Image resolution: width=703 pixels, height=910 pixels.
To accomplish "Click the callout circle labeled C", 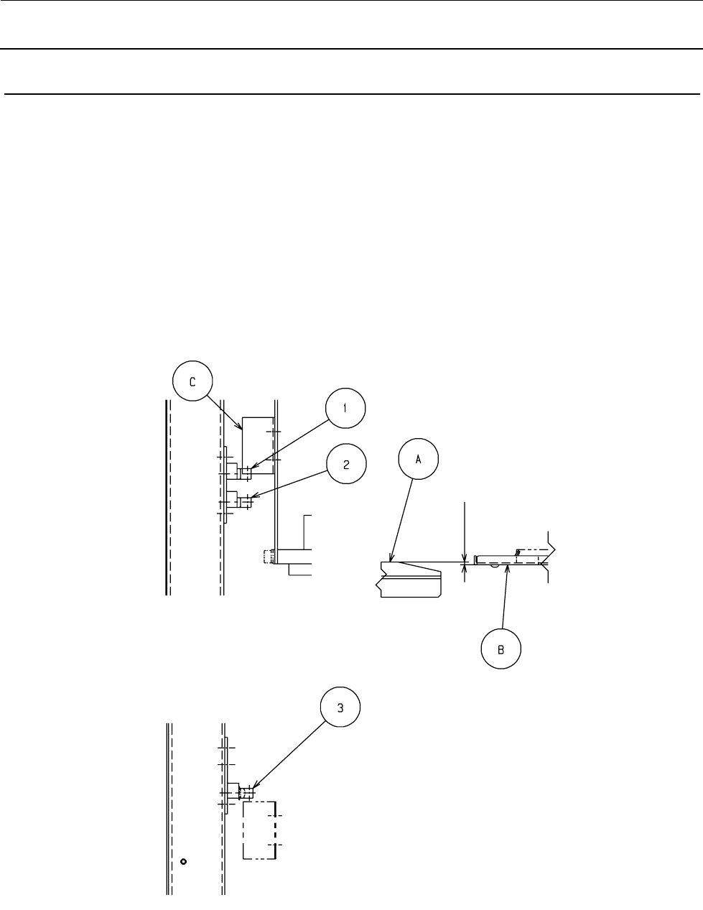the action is (192, 383).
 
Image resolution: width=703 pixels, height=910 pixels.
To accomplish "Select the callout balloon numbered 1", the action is (345, 409).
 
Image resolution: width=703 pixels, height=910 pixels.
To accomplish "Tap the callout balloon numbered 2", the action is (346, 464).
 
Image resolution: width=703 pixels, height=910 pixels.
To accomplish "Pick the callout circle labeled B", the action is (501, 649).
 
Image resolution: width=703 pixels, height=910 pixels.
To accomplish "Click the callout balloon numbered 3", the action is (340, 707).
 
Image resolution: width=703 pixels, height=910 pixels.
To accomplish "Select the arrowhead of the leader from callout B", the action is (508, 567).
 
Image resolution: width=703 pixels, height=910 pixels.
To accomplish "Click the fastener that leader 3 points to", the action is (244, 794).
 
